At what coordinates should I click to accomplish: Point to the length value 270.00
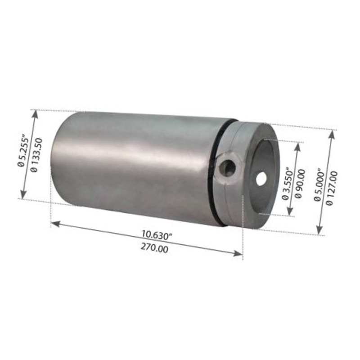pos(154,247)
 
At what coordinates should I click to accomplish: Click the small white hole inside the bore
pos(261,179)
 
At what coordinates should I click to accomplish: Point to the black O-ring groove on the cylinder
pos(218,171)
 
